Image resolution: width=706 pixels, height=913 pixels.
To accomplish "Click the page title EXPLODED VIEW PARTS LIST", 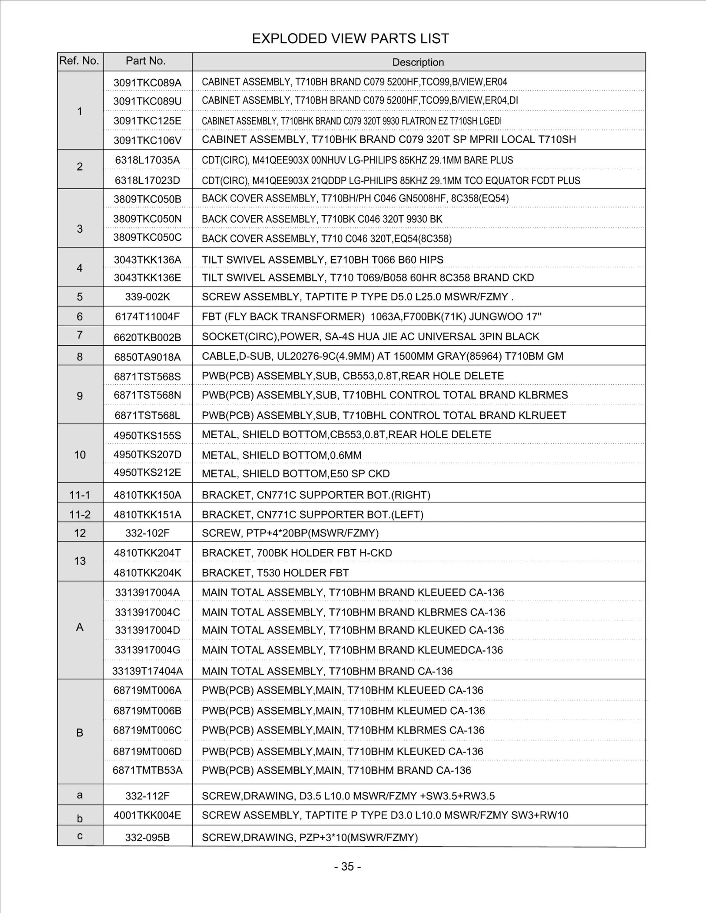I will click(x=350, y=39).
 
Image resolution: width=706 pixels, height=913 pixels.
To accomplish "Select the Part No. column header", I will click(x=146, y=61).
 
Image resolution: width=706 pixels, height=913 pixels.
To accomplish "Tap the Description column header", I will click(x=418, y=62).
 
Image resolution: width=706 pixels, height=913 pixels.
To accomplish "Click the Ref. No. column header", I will click(x=79, y=61).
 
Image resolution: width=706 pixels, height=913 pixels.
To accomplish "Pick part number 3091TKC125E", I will click(x=147, y=121).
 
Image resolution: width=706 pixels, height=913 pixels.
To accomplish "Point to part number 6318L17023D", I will click(x=147, y=180).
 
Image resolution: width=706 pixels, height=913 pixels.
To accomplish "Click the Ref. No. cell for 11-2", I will click(x=80, y=514).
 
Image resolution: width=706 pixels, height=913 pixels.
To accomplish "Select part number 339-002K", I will click(x=147, y=297).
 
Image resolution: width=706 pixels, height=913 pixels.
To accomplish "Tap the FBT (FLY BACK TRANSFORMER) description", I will click(x=372, y=317).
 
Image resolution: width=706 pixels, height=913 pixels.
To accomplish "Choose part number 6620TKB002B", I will click(x=147, y=337).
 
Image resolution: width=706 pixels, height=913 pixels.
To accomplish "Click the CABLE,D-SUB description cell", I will click(x=382, y=356).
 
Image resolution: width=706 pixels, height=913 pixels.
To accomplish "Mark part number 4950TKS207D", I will click(x=147, y=455).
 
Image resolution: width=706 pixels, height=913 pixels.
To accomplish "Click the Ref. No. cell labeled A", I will click(x=80, y=627).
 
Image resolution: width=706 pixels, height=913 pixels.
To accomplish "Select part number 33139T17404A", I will click(x=147, y=671).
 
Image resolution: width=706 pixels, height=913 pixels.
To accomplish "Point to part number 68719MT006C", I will click(x=147, y=730).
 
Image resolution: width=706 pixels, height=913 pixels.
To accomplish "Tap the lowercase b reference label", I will click(x=80, y=819).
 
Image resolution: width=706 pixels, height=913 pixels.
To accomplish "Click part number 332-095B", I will click(x=147, y=838).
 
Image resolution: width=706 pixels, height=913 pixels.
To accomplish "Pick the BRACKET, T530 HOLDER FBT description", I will click(x=275, y=573).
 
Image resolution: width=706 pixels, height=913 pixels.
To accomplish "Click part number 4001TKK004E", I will click(x=147, y=815).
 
